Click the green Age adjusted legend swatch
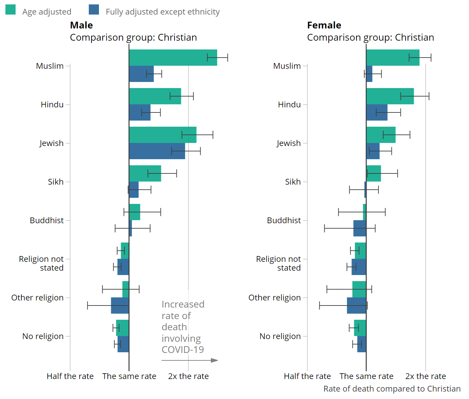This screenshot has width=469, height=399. click(x=11, y=10)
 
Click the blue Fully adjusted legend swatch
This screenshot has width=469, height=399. click(x=94, y=10)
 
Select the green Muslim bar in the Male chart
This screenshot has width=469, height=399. click(x=173, y=58)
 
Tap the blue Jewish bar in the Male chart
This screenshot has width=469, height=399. click(x=157, y=151)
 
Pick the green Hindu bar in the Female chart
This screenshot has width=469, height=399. click(x=390, y=96)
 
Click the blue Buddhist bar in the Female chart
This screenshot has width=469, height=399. click(x=360, y=228)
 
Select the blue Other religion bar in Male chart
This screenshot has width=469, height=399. click(x=120, y=306)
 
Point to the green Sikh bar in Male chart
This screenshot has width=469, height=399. click(x=145, y=173)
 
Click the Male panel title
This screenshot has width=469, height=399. click(x=81, y=25)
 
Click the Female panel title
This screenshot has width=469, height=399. click(x=324, y=25)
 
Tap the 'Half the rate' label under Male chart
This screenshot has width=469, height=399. click(x=70, y=376)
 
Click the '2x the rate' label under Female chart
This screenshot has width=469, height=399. click(x=426, y=376)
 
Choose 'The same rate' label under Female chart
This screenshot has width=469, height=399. click(x=366, y=376)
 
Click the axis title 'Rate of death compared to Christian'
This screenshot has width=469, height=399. click(x=392, y=389)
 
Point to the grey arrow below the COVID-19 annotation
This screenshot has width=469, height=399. click(x=190, y=360)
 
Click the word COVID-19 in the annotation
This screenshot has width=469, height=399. click(x=183, y=350)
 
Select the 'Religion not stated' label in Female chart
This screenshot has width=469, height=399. click(x=278, y=264)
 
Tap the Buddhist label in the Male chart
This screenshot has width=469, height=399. click(x=47, y=220)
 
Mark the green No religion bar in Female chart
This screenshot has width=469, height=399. click(x=360, y=328)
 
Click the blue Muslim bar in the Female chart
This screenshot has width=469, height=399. click(x=369, y=74)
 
